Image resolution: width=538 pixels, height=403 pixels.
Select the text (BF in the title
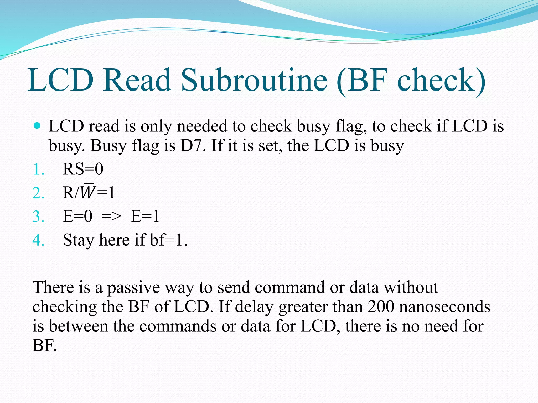[363, 80]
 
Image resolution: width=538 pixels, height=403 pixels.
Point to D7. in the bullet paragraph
[193, 146]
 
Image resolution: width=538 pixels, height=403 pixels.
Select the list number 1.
[38, 169]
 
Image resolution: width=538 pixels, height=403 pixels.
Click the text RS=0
[83, 169]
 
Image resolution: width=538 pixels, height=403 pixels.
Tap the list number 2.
[38, 193]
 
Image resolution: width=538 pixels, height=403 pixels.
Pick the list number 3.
[38, 217]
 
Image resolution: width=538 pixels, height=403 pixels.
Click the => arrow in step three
[111, 217]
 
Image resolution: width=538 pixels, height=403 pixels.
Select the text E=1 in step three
[145, 217]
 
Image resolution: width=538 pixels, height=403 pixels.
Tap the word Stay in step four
[78, 240]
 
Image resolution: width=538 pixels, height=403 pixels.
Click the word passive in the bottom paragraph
[133, 288]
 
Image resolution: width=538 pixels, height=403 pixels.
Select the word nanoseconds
[444, 306]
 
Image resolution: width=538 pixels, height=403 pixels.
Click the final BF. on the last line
[45, 345]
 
